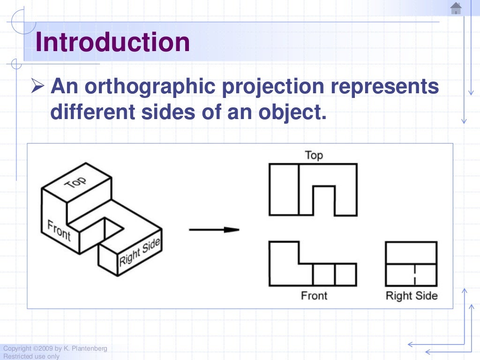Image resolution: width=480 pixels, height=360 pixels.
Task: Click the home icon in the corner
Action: (x=456, y=8)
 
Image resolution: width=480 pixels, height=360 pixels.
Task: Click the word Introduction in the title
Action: (x=112, y=42)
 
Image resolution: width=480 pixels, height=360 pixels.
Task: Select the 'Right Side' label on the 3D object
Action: (x=139, y=252)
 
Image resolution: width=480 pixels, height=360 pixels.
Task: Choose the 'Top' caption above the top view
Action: (x=314, y=155)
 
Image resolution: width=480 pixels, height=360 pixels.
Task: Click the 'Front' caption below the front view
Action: (x=314, y=296)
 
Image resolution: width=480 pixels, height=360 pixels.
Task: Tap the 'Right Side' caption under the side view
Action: (x=411, y=296)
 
